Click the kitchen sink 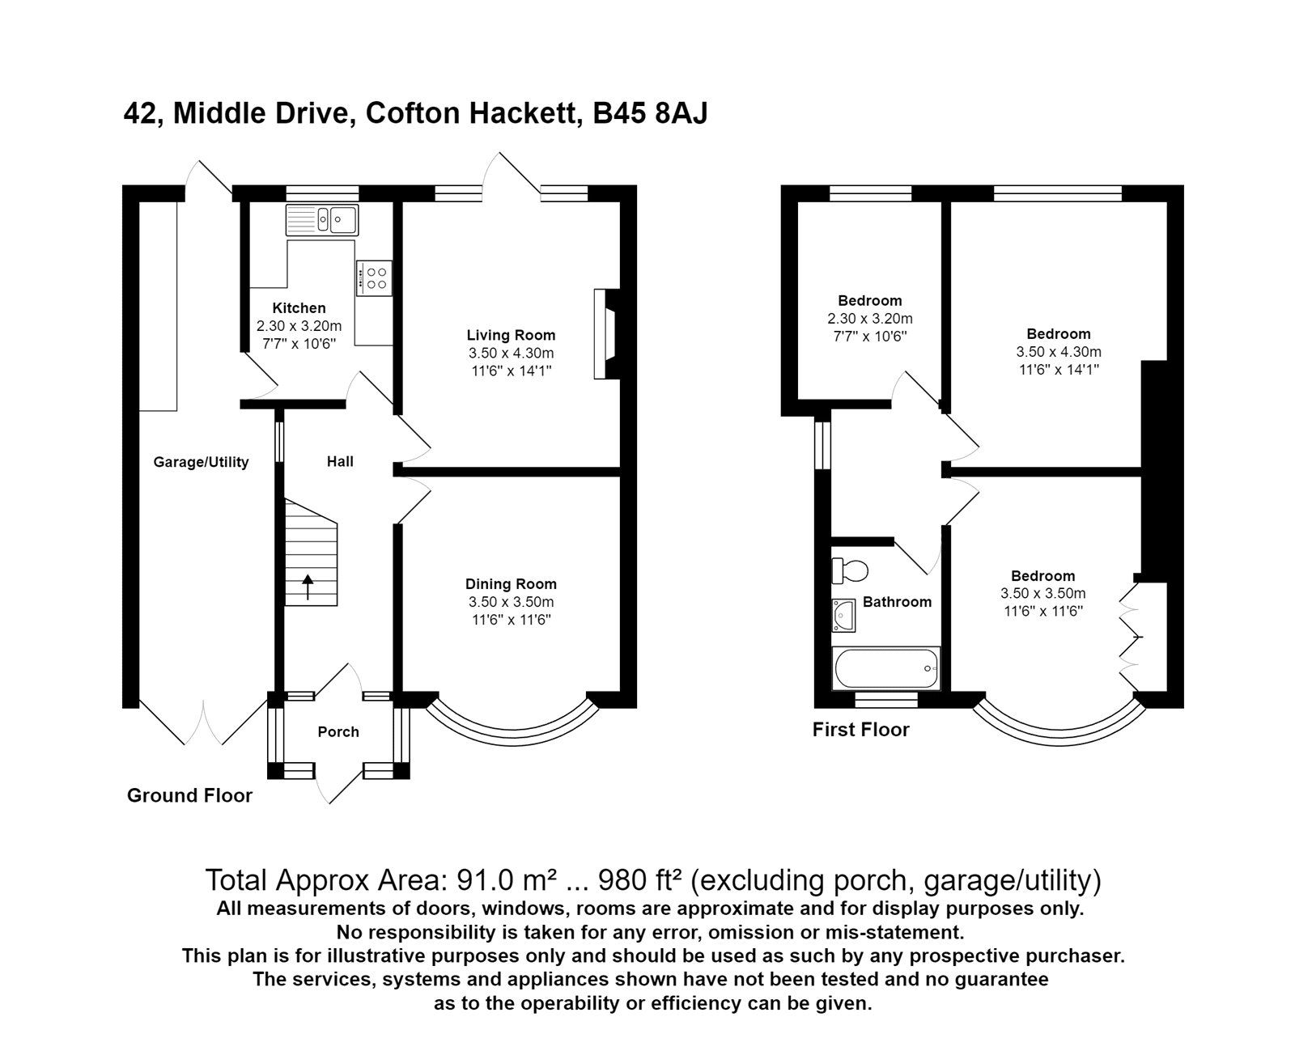coord(322,219)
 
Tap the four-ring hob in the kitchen coord(374,278)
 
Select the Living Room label coord(511,335)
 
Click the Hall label coord(340,462)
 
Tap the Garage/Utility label coord(201,463)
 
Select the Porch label coord(338,732)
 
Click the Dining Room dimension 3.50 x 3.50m coord(511,602)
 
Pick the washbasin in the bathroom coord(843,615)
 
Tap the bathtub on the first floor coord(885,668)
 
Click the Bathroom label coord(897,602)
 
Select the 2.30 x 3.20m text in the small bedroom coord(870,319)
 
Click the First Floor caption coord(860,730)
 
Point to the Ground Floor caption coord(189,795)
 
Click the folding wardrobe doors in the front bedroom coord(1131,631)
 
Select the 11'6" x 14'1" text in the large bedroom coord(1059,370)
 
